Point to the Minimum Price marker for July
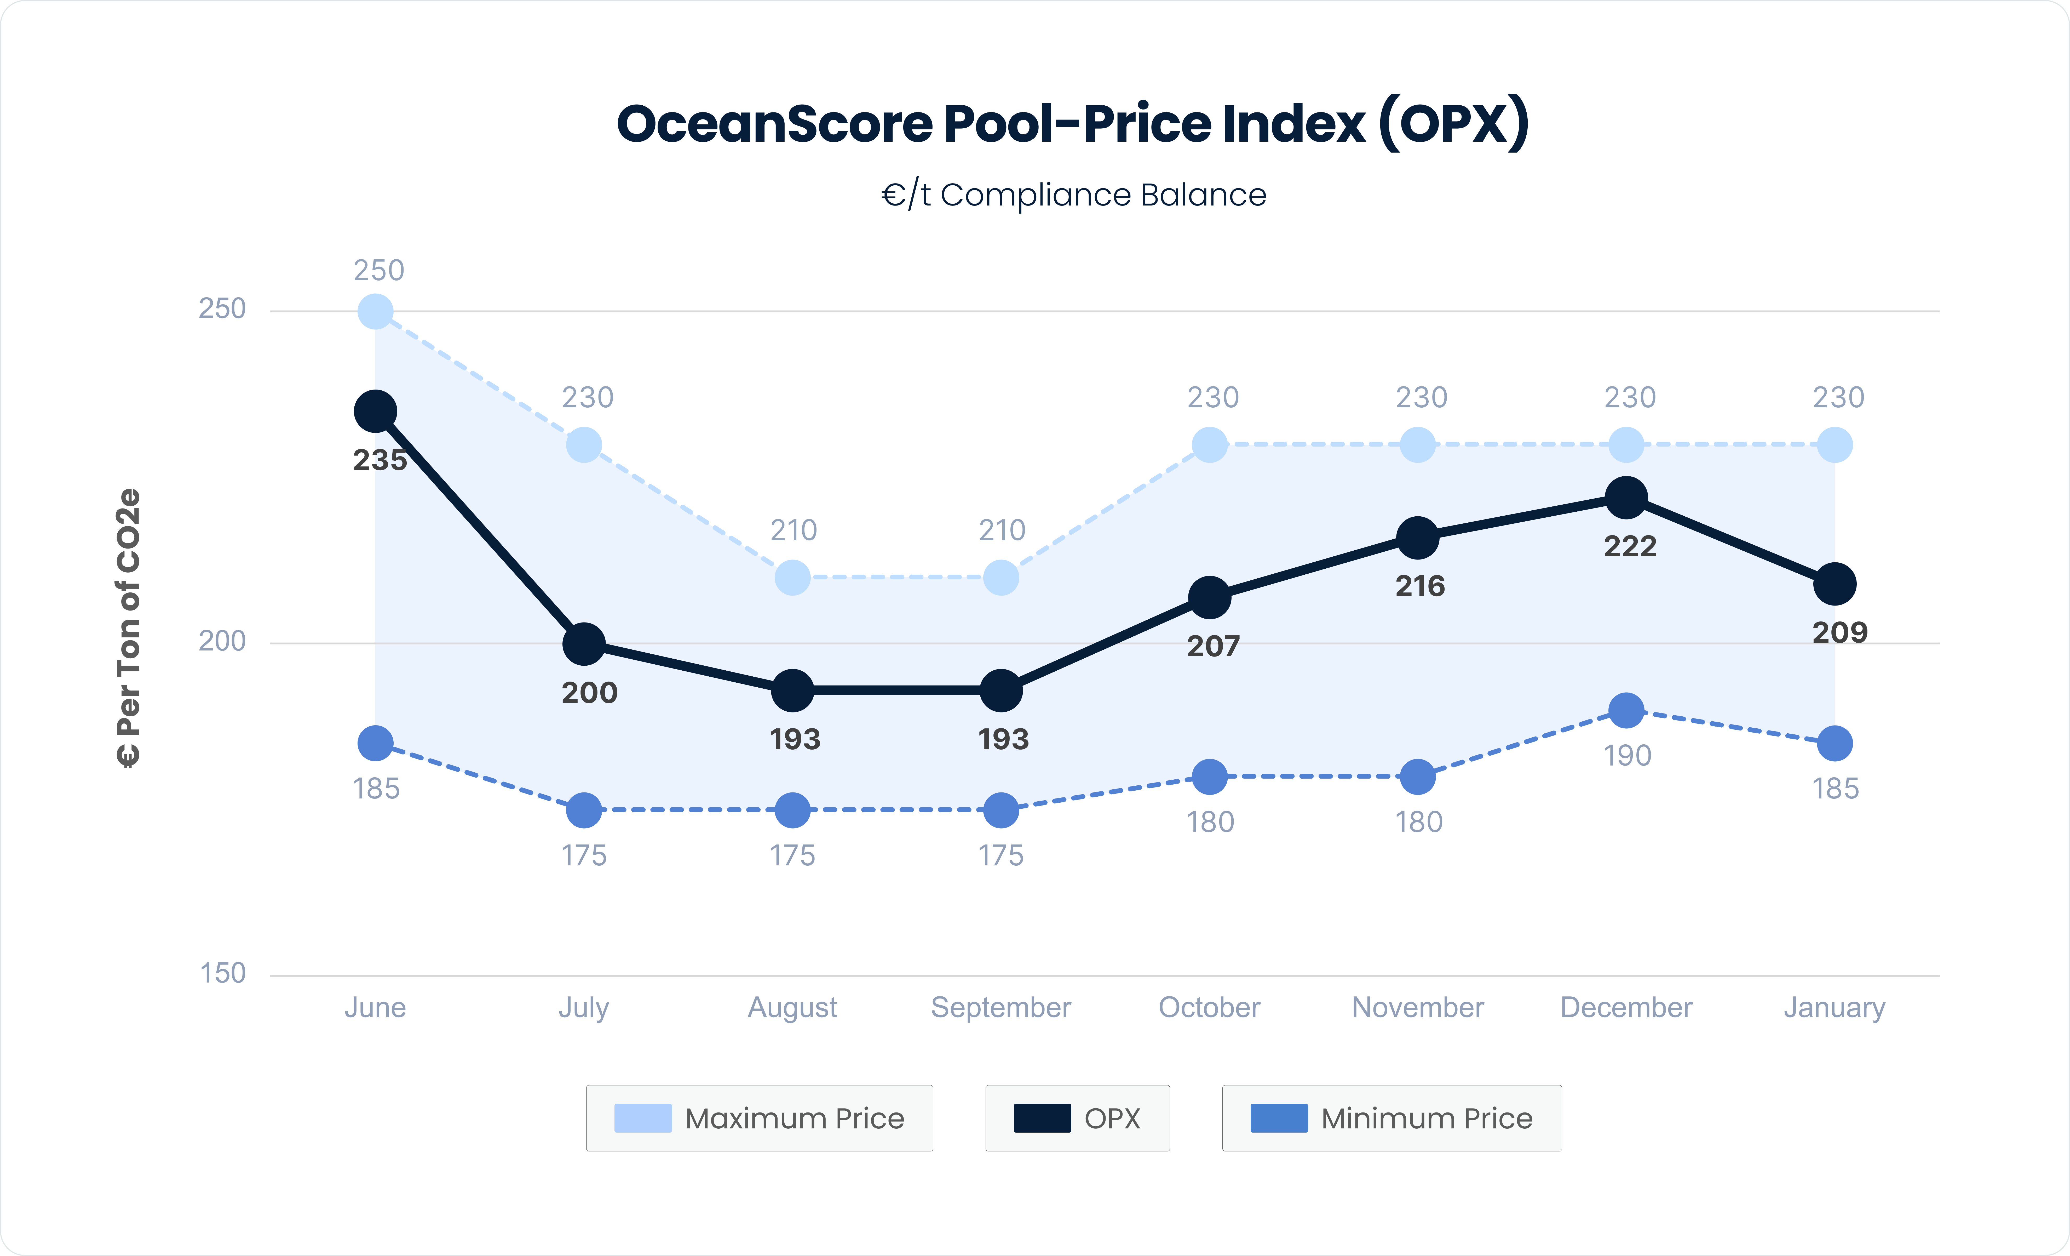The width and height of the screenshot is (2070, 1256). (x=584, y=810)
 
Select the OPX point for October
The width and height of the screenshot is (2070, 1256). (x=1210, y=597)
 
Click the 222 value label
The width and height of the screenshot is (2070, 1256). (x=1630, y=547)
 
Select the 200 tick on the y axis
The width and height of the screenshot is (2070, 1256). (x=222, y=641)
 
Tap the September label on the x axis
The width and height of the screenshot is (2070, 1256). (x=1000, y=1007)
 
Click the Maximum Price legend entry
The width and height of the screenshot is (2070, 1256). (x=760, y=1118)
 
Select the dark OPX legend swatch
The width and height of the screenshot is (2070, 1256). (x=1042, y=1118)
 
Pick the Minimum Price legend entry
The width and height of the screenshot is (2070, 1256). (x=1392, y=1118)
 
